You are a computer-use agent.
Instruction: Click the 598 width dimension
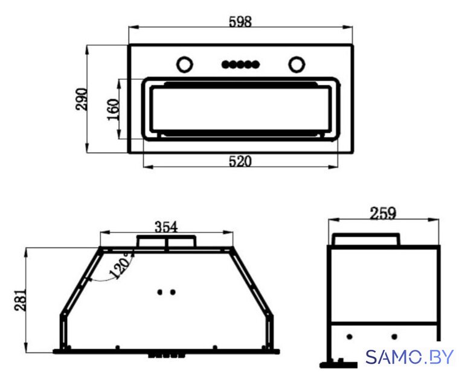point(240,22)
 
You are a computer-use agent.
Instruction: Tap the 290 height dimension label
point(81,99)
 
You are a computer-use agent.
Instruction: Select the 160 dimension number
point(113,109)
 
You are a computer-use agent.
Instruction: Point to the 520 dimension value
point(240,162)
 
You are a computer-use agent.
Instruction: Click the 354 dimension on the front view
point(166,227)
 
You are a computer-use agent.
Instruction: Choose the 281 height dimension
point(21,300)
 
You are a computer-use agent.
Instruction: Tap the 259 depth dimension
point(383,214)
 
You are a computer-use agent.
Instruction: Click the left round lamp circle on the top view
point(184,64)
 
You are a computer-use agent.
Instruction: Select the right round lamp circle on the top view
point(297,64)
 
